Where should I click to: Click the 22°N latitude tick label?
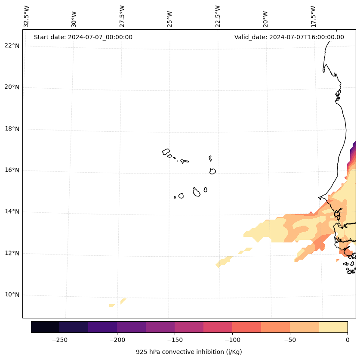tap(12, 46)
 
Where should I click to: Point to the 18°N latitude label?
tap(12, 129)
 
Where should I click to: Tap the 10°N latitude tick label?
tap(12, 295)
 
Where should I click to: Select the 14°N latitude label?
tap(12, 212)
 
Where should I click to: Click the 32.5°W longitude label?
tap(27, 16)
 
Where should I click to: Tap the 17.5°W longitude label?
tap(314, 16)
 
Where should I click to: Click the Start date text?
tap(83, 37)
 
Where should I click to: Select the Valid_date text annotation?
tap(289, 37)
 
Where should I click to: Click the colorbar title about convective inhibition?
tap(189, 352)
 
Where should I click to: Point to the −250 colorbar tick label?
tap(59, 340)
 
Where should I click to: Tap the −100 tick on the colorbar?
tap(232, 340)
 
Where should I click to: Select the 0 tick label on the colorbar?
tap(348, 340)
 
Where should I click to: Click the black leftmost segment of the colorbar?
tap(45, 327)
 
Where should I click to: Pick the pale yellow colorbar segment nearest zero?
tap(333, 327)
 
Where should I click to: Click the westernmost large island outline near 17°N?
tap(166, 152)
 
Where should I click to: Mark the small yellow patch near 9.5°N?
tap(112, 305)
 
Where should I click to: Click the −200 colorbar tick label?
tap(117, 340)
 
